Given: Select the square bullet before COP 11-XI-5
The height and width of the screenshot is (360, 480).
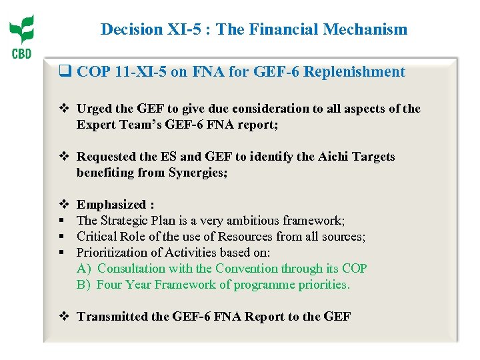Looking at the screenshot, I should [66, 72].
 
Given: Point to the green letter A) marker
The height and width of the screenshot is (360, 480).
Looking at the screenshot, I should [83, 269].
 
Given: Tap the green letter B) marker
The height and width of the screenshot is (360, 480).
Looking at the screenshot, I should [83, 285].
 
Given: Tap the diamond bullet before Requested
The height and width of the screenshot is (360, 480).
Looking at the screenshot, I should [65, 157].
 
